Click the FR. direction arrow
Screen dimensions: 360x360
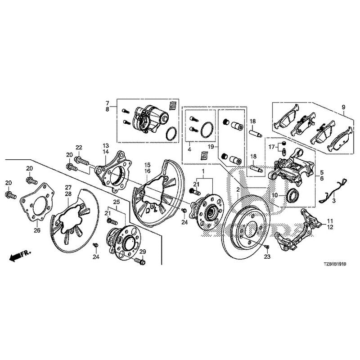tap(18, 256)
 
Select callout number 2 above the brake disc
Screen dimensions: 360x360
tap(237, 190)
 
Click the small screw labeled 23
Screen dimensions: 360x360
tap(267, 247)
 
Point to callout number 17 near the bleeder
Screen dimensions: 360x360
tap(271, 147)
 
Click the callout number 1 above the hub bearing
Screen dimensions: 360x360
tap(203, 172)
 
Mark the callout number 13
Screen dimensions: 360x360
tap(106, 146)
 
